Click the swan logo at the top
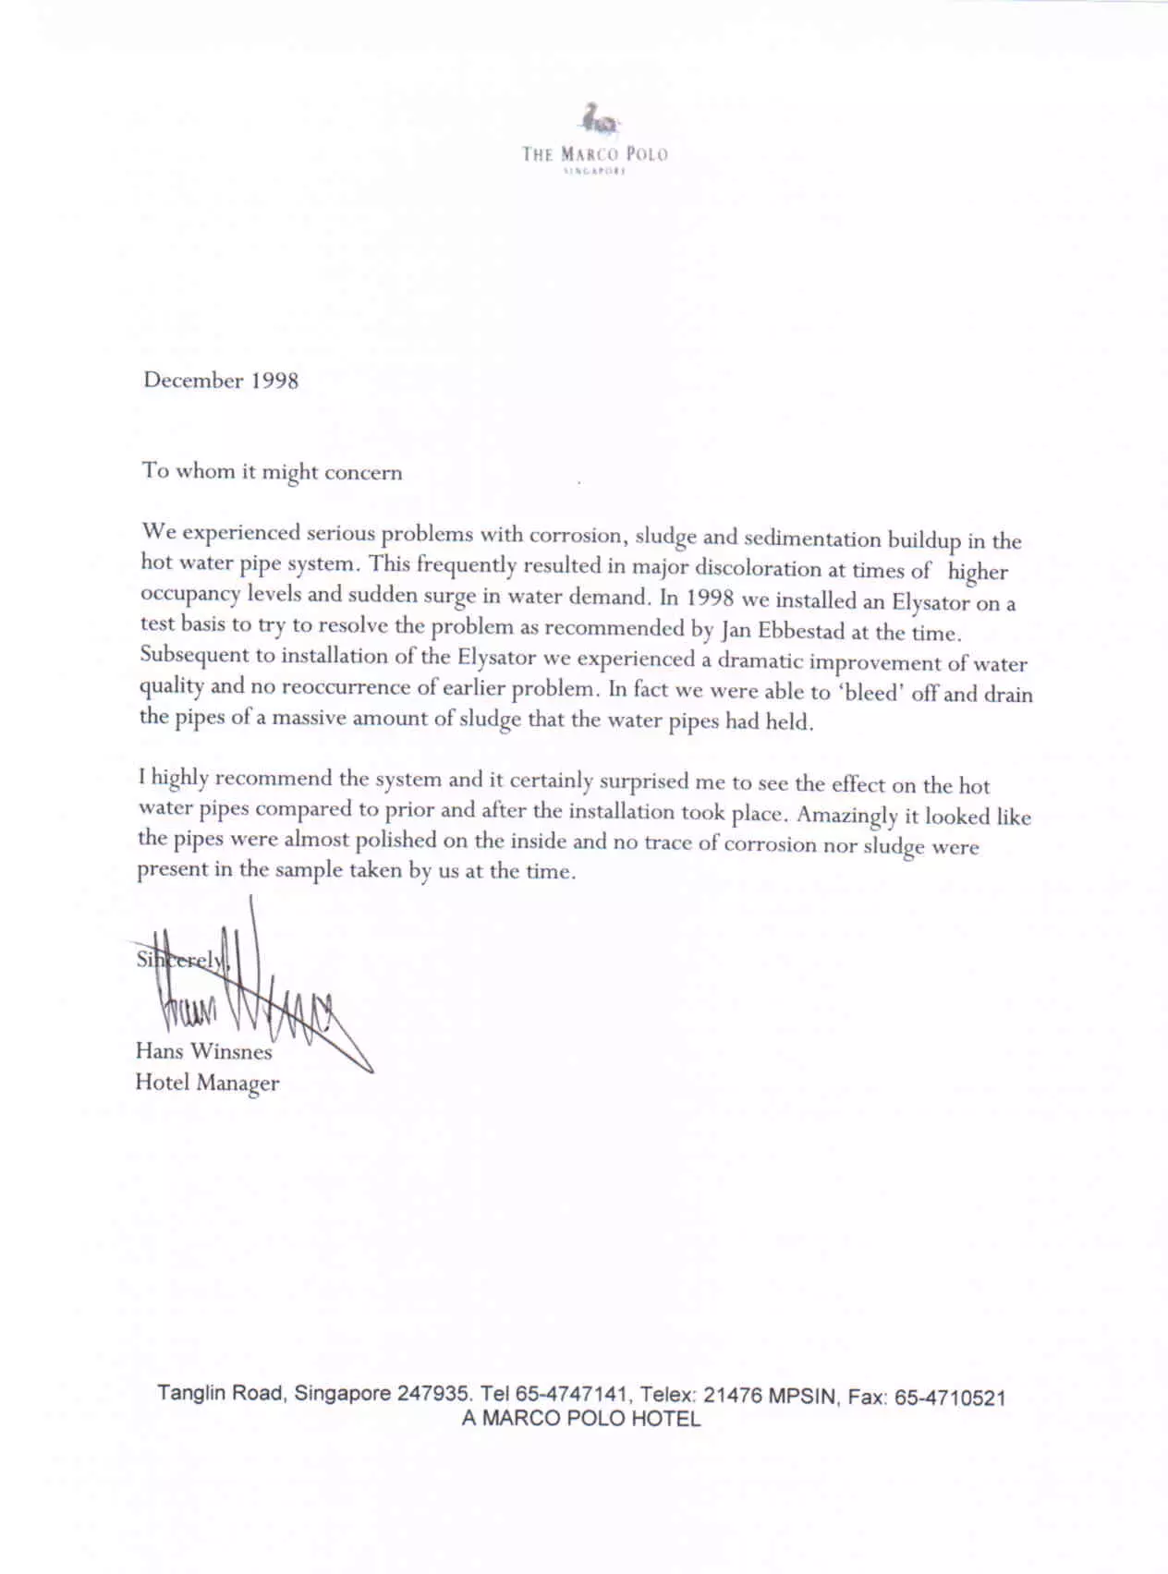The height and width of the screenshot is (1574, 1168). (597, 119)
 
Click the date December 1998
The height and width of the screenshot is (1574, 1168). (221, 381)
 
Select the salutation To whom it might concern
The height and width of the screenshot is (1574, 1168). (272, 471)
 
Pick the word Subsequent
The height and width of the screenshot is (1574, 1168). (195, 655)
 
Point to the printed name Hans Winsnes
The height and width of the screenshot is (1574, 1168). (203, 1051)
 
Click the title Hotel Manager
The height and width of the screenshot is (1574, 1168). (207, 1083)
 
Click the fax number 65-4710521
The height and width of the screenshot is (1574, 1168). (949, 1398)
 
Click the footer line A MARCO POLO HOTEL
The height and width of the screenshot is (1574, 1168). (581, 1420)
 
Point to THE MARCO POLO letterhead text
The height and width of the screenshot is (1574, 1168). (594, 153)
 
